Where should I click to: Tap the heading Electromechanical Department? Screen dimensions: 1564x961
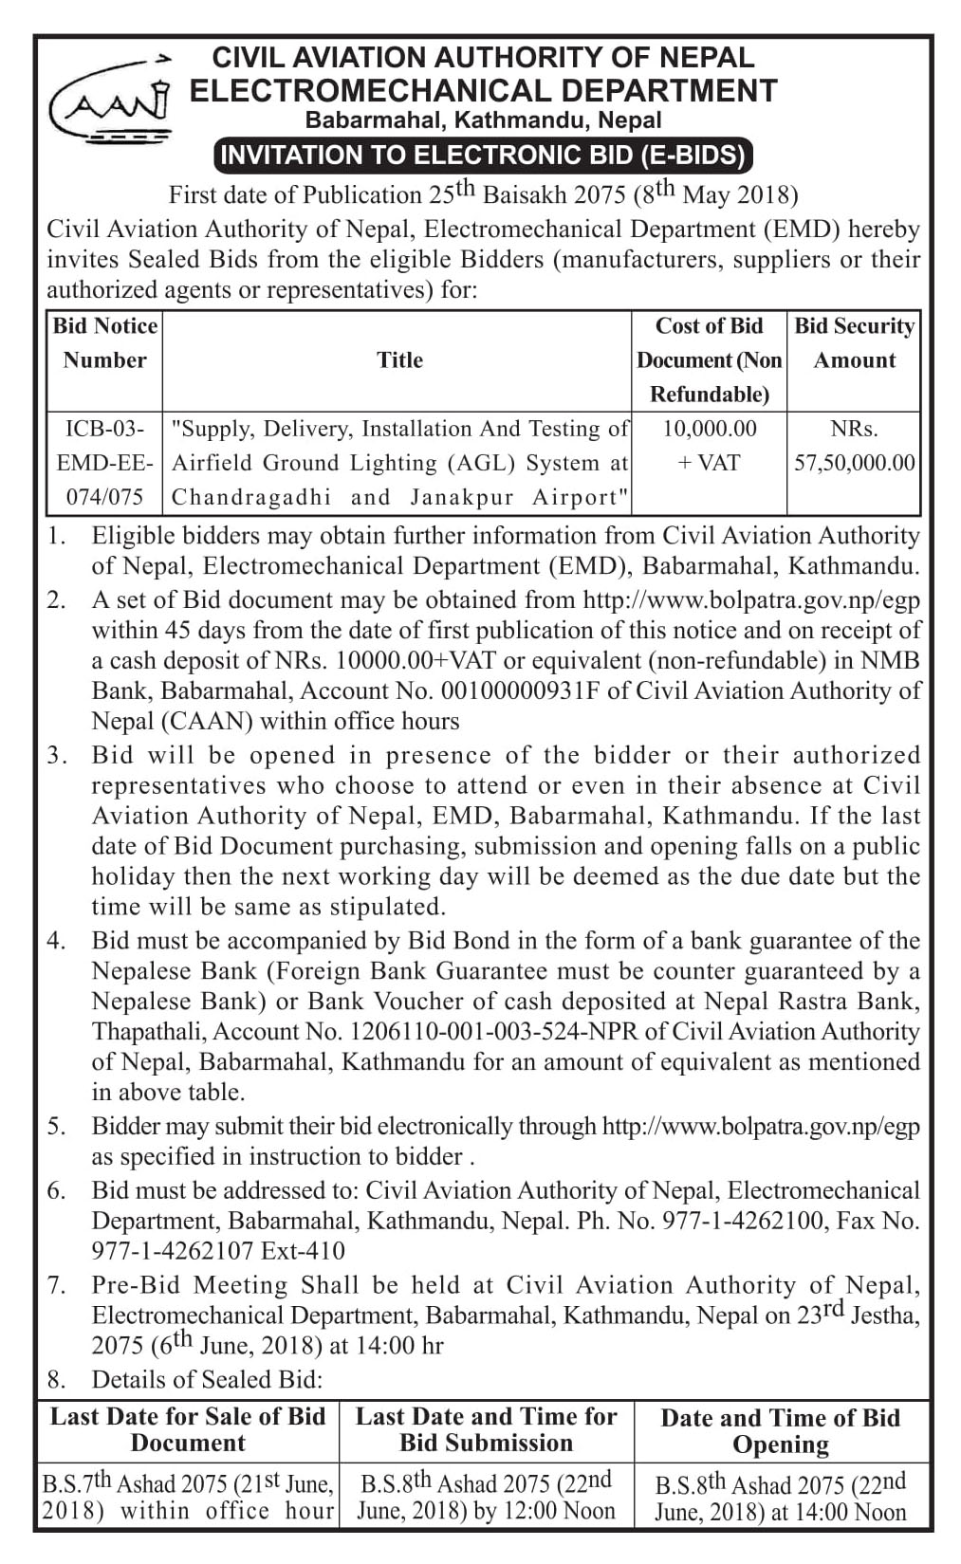point(484,91)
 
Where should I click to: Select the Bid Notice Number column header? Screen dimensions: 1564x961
point(105,342)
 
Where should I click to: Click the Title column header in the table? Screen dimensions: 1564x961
point(399,359)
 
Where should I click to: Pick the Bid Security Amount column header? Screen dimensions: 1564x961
point(854,342)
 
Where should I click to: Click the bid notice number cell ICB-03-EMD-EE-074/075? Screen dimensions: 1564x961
point(105,463)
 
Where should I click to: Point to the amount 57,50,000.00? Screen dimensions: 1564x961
point(854,463)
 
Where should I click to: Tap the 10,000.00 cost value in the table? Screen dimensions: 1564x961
point(710,429)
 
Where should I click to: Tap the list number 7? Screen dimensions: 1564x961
point(57,1285)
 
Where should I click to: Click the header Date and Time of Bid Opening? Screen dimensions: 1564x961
point(780,1430)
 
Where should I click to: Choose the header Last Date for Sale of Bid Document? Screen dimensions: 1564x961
point(188,1429)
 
